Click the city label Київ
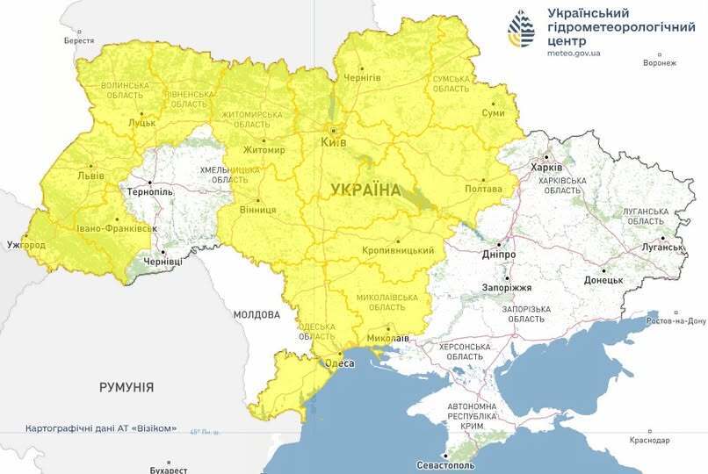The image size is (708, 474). pyautogui.click(x=335, y=142)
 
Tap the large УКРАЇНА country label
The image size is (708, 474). pyautogui.click(x=365, y=190)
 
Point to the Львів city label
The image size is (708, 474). pyautogui.click(x=91, y=174)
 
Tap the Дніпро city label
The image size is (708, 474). pyautogui.click(x=498, y=254)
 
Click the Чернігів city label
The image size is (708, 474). pyautogui.click(x=363, y=77)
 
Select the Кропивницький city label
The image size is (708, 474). pyautogui.click(x=398, y=251)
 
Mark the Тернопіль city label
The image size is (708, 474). pyautogui.click(x=150, y=191)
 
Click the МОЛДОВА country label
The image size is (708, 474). pyautogui.click(x=256, y=314)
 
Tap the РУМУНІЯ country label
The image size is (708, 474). pyautogui.click(x=126, y=387)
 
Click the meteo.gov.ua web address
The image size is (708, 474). pyautogui.click(x=573, y=53)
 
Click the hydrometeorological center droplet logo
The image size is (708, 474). pyautogui.click(x=521, y=30)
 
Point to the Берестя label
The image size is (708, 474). pyautogui.click(x=79, y=41)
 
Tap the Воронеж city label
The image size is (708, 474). pyautogui.click(x=659, y=63)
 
